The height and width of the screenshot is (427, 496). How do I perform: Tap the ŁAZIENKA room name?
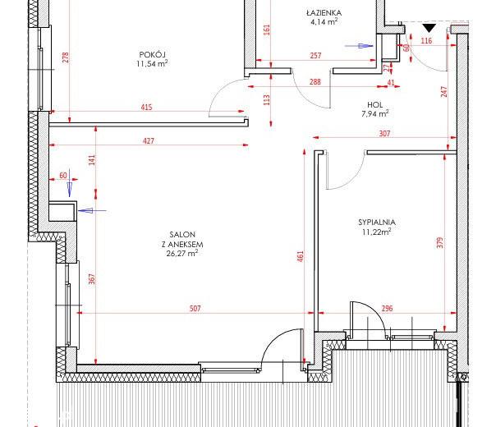click(324, 13)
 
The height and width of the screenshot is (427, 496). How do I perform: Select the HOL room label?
click(375, 104)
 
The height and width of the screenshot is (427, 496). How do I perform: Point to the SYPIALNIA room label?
click(377, 222)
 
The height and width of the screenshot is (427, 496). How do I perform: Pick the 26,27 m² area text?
click(182, 253)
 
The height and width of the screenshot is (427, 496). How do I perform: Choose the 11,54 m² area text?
click(152, 63)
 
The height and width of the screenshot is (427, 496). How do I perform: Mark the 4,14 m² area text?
click(324, 22)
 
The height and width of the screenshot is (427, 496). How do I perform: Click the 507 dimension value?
click(195, 308)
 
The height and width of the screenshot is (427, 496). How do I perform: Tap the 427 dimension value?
click(149, 140)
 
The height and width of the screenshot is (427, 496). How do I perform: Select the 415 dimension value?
click(146, 108)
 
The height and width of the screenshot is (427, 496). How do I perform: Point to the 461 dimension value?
click(301, 256)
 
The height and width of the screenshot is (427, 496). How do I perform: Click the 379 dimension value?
click(439, 242)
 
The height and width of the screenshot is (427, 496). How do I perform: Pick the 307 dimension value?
click(384, 134)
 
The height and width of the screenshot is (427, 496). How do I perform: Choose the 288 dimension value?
click(315, 82)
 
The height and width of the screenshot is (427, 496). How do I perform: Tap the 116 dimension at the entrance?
click(426, 40)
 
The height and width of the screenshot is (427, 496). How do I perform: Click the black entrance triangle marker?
click(429, 28)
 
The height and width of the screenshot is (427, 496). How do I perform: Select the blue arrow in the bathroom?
click(359, 46)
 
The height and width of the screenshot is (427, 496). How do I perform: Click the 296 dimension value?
click(387, 308)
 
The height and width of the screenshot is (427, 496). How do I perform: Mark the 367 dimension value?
click(92, 279)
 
